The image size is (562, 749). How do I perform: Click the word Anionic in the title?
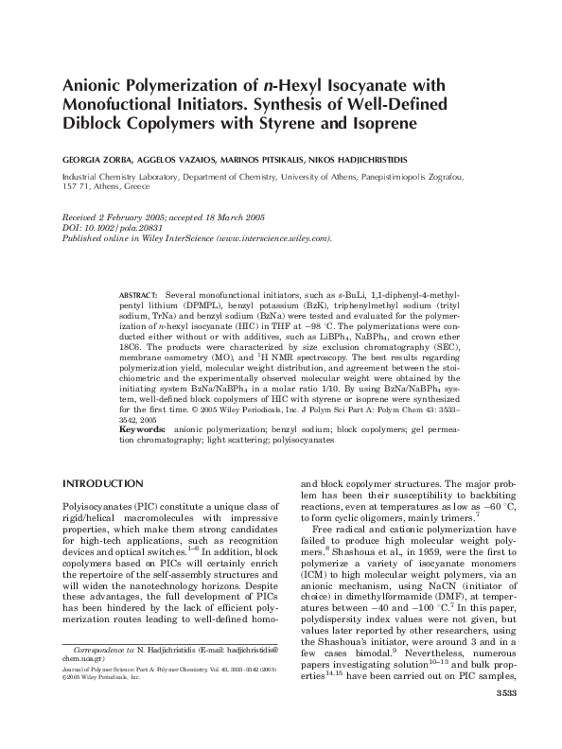98,85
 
